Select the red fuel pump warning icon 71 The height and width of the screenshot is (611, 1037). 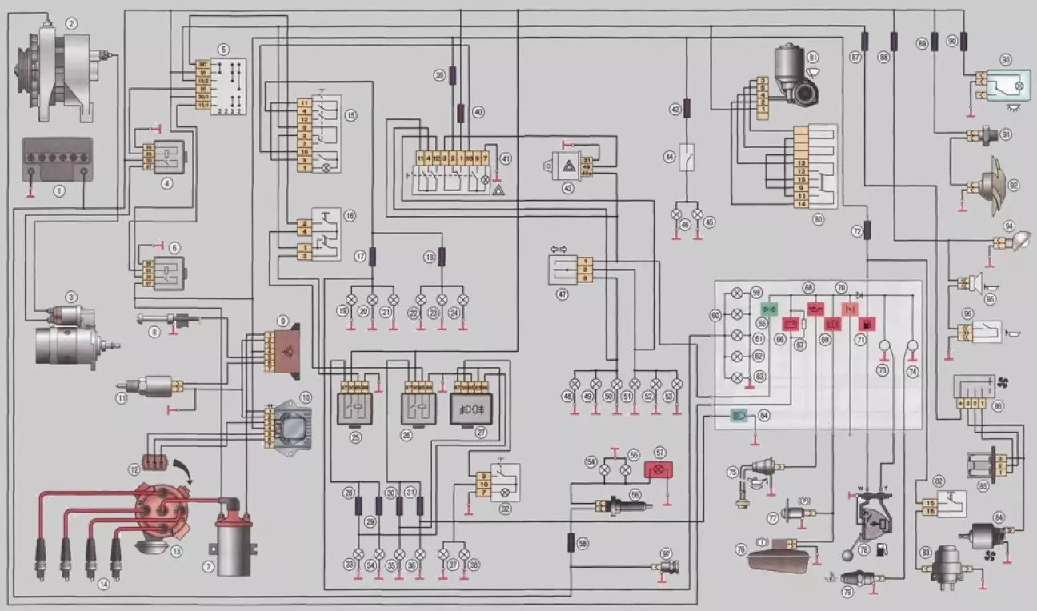867,324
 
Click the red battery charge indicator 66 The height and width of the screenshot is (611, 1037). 791,324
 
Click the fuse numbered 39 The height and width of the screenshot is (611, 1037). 453,76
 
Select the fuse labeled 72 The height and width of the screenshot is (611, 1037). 867,232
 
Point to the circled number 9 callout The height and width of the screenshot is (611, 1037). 282,320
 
